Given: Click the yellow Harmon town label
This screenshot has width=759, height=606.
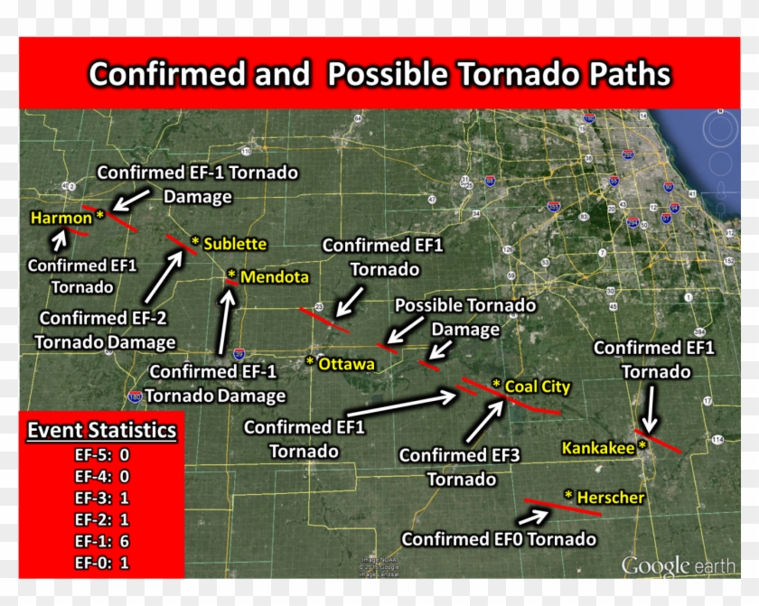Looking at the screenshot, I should (x=61, y=218).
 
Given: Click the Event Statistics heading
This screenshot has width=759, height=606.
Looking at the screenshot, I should (x=101, y=430).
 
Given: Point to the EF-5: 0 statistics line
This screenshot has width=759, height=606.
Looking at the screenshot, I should (x=101, y=455).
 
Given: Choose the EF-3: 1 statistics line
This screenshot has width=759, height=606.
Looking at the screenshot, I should (x=101, y=498).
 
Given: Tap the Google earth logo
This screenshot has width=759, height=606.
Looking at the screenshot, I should (x=679, y=566).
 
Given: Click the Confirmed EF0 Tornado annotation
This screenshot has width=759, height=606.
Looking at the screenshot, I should (x=499, y=539).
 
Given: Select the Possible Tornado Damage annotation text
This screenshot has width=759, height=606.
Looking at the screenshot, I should (x=465, y=318).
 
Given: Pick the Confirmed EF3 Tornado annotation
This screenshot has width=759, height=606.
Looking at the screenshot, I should (x=460, y=468).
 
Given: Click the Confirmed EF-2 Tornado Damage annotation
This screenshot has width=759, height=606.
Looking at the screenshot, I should (x=106, y=330).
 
